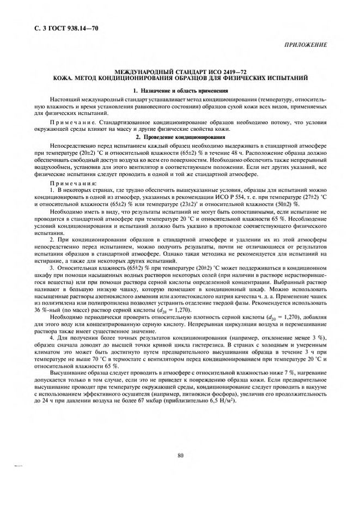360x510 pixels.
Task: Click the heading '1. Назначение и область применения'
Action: coord(179,90)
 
